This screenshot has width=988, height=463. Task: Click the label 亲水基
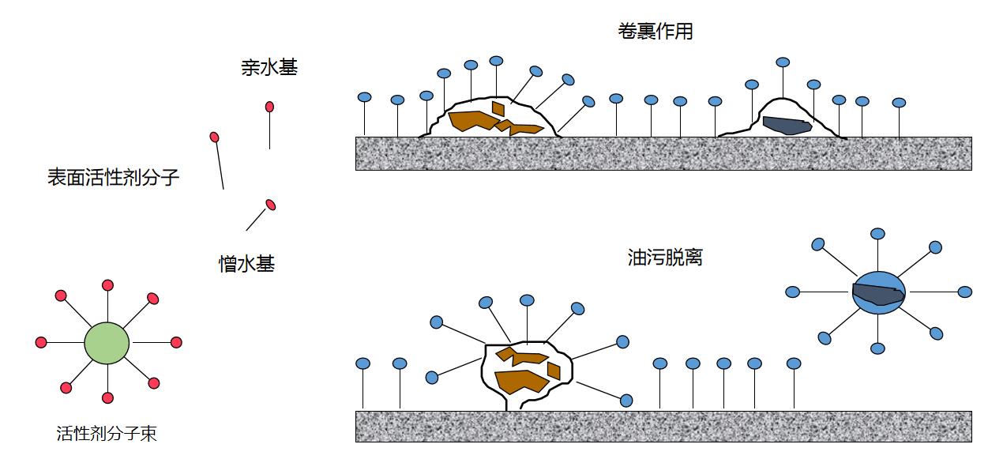coord(269,69)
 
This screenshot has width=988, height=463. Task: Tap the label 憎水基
coord(246,264)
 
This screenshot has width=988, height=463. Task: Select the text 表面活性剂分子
coord(114,177)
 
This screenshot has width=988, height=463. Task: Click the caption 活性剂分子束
coord(107,434)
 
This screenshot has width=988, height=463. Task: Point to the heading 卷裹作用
coord(656,32)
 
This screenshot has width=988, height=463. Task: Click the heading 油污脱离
coord(665,258)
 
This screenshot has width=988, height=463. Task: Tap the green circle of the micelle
coord(107,343)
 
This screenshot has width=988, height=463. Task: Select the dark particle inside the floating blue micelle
coord(877,295)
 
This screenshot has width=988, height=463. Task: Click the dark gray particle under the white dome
coord(787,125)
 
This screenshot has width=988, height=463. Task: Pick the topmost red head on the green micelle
coord(107,285)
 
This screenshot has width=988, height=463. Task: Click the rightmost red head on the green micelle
coord(176,343)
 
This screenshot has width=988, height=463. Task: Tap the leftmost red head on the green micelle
coord(41,343)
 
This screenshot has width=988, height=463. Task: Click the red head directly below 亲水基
coord(269,107)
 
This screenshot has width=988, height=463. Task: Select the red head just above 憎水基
coord(270,205)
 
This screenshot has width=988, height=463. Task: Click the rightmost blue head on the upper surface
coord(899,103)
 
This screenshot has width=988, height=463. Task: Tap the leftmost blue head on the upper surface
coord(364,97)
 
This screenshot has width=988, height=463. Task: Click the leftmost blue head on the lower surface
coord(363,363)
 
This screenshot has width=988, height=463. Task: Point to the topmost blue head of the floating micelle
coord(877,234)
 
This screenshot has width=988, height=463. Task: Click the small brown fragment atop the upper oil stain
coord(498,107)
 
